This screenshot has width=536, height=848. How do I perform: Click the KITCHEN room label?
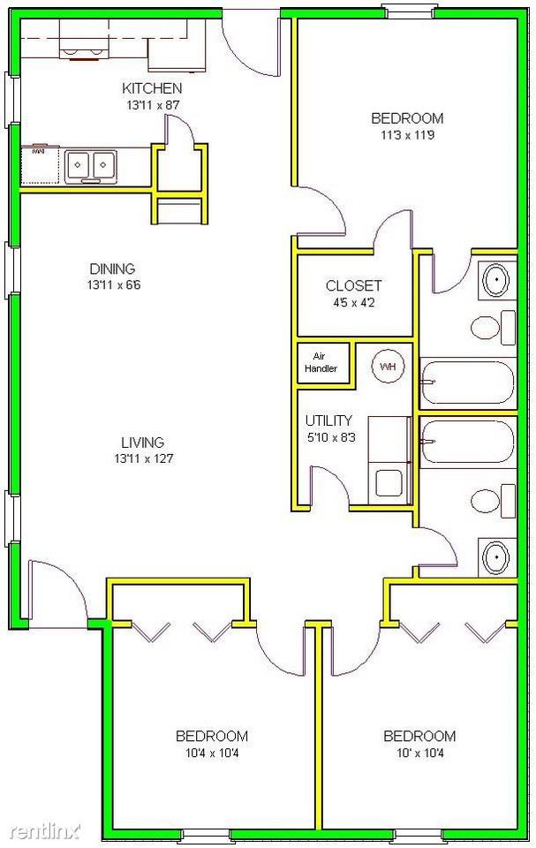pyautogui.click(x=152, y=87)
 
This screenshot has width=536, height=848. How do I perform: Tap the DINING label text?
pyautogui.click(x=111, y=269)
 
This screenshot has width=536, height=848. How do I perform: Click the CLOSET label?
pyautogui.click(x=353, y=285)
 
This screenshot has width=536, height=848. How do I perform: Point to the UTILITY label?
pyautogui.click(x=328, y=420)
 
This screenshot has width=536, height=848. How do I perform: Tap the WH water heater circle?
pyautogui.click(x=387, y=365)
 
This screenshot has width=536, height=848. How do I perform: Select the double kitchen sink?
pyautogui.click(x=90, y=164)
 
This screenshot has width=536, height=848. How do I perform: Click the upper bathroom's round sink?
pyautogui.click(x=495, y=281)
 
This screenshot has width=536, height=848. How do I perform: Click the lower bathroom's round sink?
pyautogui.click(x=495, y=556)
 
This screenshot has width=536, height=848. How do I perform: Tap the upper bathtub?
pyautogui.click(x=467, y=382)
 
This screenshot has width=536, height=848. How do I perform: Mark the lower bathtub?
pyautogui.click(x=467, y=442)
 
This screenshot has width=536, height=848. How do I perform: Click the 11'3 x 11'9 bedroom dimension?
pyautogui.click(x=406, y=135)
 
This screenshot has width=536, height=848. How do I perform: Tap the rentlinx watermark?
pyautogui.click(x=41, y=831)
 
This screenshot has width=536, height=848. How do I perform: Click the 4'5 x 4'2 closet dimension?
pyautogui.click(x=353, y=301)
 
